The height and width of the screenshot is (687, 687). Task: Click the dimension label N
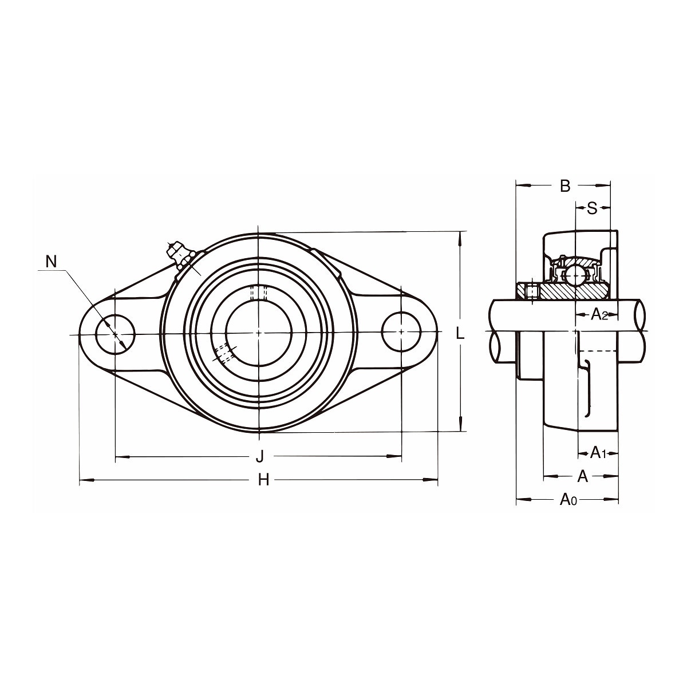(52, 262)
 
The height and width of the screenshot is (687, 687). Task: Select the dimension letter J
(260, 456)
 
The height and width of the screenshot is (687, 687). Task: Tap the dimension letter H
(263, 480)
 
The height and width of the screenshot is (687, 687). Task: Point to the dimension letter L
(460, 333)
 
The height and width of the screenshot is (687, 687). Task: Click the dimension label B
(565, 186)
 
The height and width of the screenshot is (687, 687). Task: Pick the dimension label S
(592, 208)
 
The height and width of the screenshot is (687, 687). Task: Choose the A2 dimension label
(599, 314)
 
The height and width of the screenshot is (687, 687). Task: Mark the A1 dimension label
(599, 453)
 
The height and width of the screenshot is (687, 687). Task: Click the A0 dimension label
(568, 500)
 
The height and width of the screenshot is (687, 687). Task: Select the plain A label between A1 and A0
(583, 476)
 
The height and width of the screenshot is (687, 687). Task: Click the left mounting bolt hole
(116, 334)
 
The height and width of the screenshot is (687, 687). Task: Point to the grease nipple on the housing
(180, 255)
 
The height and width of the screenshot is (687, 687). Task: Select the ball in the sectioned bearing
(575, 275)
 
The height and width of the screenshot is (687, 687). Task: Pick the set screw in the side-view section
(532, 291)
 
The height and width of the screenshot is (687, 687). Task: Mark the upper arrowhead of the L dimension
(461, 239)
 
